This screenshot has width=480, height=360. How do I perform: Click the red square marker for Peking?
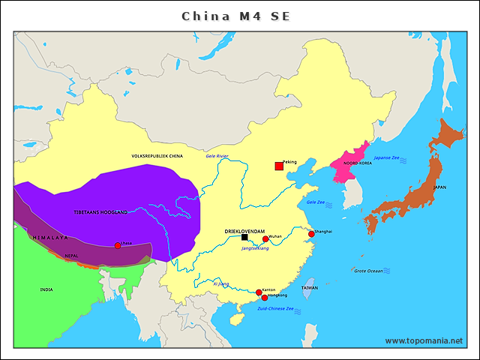coord(279,166)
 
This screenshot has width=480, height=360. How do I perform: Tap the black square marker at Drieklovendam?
coord(244,237)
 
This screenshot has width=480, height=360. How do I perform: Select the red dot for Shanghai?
coord(311,234)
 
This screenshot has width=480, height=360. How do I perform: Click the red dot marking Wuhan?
coord(265,239)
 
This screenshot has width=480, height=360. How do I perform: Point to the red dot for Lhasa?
coord(118,245)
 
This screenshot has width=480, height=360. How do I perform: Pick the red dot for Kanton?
coord(259,292)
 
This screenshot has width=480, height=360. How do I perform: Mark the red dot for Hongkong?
coord(264,298)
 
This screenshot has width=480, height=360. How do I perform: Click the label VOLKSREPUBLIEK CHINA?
coord(157,156)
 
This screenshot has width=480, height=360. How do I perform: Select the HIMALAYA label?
coord(49,237)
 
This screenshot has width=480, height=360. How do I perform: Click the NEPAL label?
coord(71,255)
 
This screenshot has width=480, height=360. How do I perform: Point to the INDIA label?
coord(46,289)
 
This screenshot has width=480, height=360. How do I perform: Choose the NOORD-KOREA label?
coord(357,163)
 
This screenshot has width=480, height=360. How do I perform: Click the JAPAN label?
coord(439,187)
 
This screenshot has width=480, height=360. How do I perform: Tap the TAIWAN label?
coord(309,287)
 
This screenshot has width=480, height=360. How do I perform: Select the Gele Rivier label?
coord(217,156)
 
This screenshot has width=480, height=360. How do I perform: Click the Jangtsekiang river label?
coord(254,247)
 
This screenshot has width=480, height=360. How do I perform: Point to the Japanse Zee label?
coord(386,157)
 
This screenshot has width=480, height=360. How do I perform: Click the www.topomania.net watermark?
coord(424,340)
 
